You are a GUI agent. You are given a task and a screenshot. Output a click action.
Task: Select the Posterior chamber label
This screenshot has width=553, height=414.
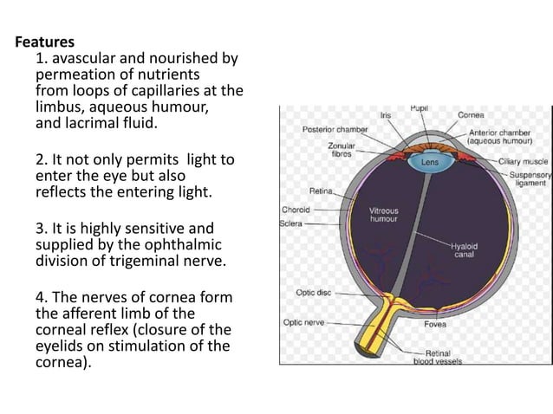coord(335,129)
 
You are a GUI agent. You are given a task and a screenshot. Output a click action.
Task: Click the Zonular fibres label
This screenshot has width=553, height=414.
coord(340,149)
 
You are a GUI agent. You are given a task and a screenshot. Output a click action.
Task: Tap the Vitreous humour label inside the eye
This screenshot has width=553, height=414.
coord(383,215)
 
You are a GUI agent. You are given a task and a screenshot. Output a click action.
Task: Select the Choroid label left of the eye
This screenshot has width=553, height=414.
coord(296,210)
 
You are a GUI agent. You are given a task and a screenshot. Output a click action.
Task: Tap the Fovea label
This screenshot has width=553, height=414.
coord(435,325)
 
